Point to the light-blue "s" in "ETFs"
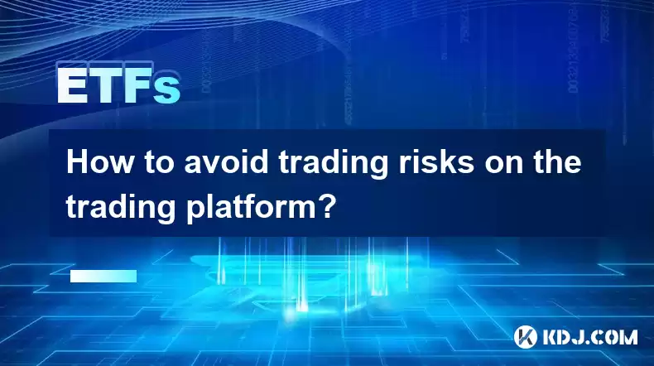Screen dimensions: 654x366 pos(166,90)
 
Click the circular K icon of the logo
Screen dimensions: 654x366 pos(526,337)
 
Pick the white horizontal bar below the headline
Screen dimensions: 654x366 pos(103,276)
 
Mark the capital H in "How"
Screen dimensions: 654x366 pos(77,163)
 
